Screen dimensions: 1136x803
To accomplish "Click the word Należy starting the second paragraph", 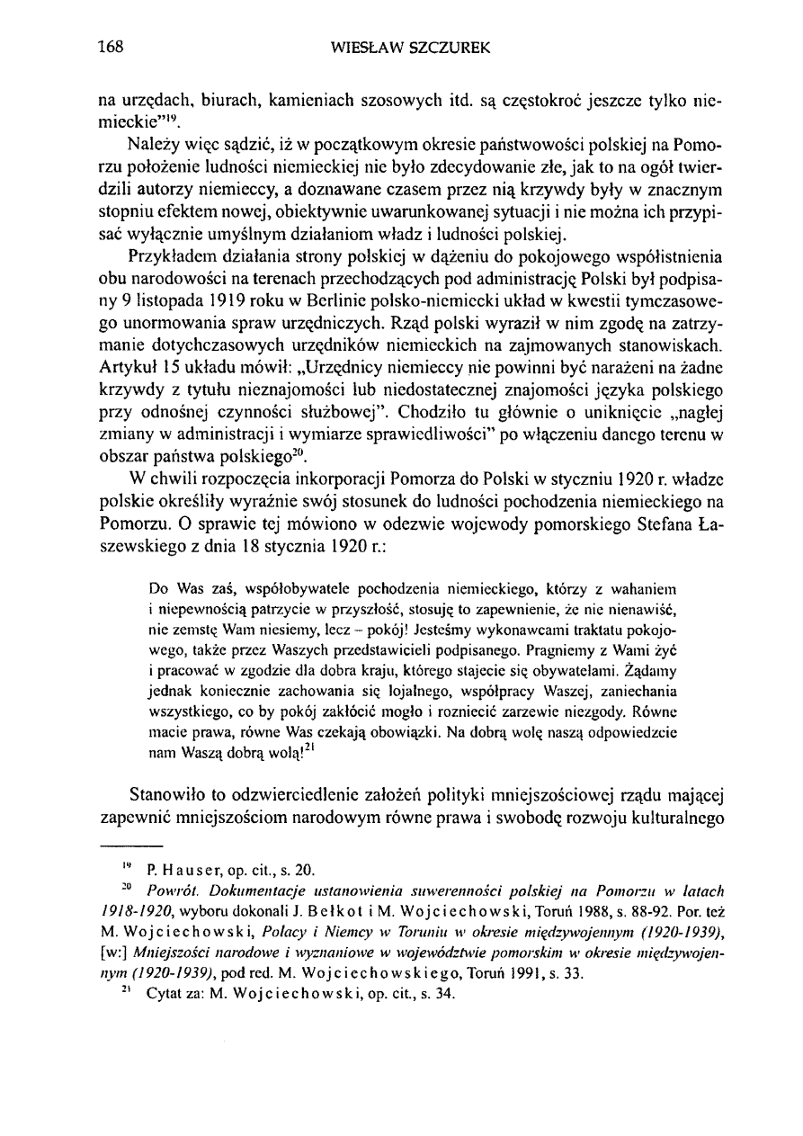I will click(x=154, y=147).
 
